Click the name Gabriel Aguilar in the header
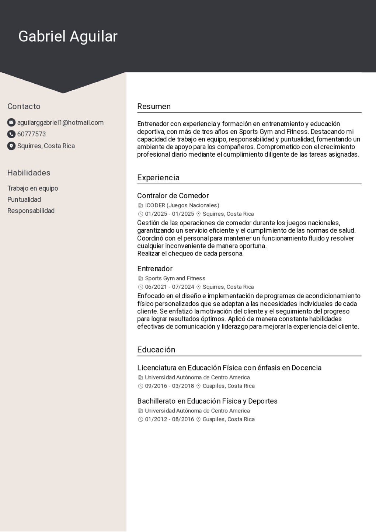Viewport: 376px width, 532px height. click(x=68, y=36)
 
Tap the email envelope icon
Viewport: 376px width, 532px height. click(x=11, y=122)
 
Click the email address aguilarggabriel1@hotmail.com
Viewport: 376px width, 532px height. click(x=60, y=122)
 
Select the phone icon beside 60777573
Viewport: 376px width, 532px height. click(x=11, y=134)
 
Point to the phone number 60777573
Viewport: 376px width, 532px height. click(x=32, y=134)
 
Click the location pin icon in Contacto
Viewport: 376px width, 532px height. click(x=11, y=146)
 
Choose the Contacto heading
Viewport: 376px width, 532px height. click(x=24, y=107)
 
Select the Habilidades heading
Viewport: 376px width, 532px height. click(x=29, y=173)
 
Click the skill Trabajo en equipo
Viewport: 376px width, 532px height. click(x=33, y=188)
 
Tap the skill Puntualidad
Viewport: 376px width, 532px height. click(x=24, y=199)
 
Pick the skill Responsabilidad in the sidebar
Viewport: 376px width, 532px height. click(x=31, y=211)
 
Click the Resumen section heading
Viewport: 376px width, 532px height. click(x=154, y=107)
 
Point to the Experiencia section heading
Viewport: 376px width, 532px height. click(x=158, y=178)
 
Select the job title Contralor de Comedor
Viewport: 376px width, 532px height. click(x=173, y=196)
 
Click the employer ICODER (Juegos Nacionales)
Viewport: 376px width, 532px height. click(x=182, y=205)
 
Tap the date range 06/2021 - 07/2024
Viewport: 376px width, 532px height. click(x=170, y=287)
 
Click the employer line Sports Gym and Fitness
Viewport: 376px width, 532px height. click(x=175, y=278)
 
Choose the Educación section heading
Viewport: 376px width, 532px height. click(x=156, y=350)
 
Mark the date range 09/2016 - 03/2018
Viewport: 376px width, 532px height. click(x=170, y=386)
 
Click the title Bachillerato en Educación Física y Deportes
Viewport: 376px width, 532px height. click(x=207, y=401)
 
